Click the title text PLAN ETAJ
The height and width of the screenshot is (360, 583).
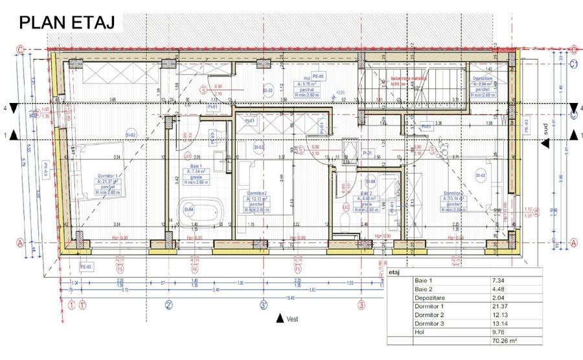point(67,23)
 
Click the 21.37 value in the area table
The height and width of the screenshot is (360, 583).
point(502,306)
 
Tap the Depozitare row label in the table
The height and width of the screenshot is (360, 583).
point(428,298)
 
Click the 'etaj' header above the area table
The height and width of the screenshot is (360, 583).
point(396,273)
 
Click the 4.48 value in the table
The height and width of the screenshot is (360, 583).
point(501,290)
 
